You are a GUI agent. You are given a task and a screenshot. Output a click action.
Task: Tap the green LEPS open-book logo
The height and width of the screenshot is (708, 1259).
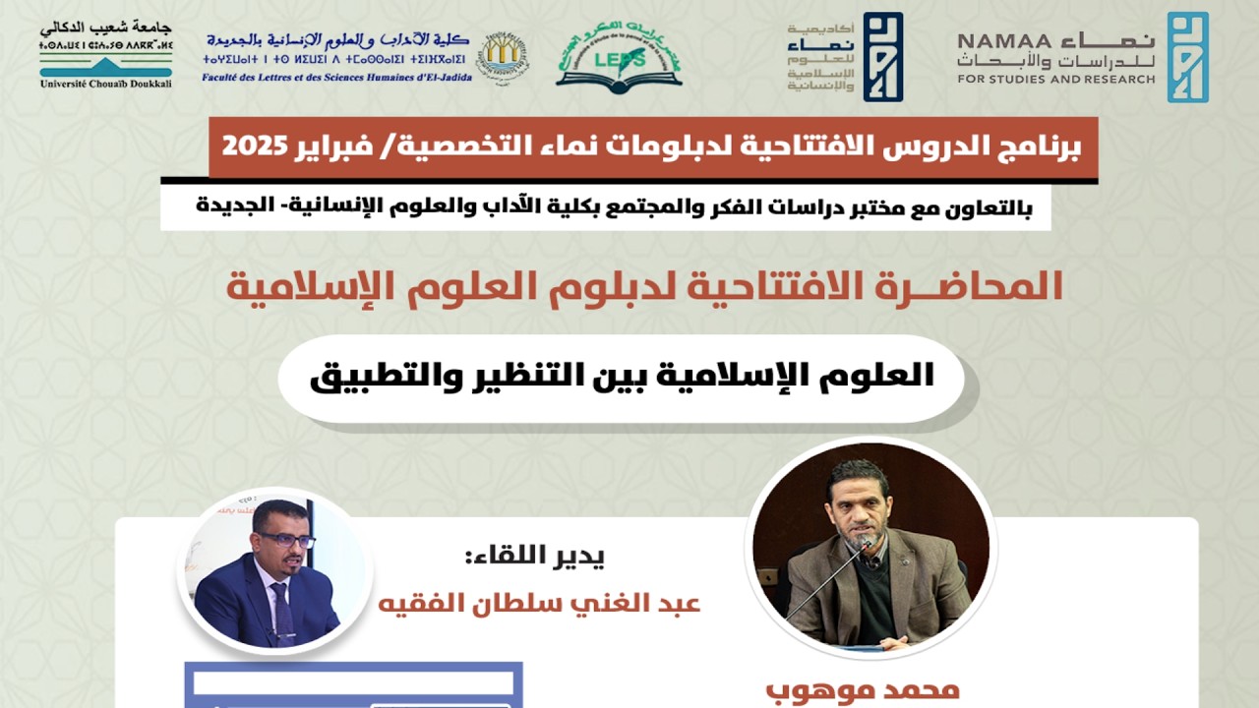pyautogui.click(x=619, y=56)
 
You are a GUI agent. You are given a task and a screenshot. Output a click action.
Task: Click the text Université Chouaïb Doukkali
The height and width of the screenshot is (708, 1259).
pyautogui.click(x=106, y=84)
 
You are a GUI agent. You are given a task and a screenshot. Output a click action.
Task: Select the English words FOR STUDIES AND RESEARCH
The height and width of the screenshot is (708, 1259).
pyautogui.click(x=1055, y=79)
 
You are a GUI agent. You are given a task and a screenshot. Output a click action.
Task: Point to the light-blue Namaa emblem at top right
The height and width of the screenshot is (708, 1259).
pyautogui.click(x=1187, y=57)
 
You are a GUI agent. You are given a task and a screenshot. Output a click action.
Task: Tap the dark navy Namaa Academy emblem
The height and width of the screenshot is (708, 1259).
pyautogui.click(x=882, y=57)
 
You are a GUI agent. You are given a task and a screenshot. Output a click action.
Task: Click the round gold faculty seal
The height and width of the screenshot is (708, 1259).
pyautogui.click(x=503, y=55)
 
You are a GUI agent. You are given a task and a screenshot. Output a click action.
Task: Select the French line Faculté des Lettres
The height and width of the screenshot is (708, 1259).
pyautogui.click(x=336, y=77)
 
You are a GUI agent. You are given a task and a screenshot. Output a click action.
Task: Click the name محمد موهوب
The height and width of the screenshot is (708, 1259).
pyautogui.click(x=862, y=689)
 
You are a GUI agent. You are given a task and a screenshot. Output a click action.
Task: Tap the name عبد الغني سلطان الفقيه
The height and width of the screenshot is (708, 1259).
pyautogui.click(x=539, y=602)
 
